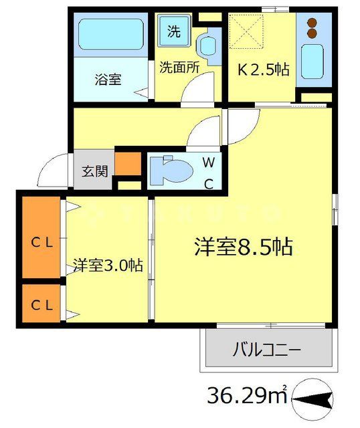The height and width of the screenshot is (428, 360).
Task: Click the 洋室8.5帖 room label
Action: coord(242,247)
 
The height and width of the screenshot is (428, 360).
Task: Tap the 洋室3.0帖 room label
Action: coord(107,265)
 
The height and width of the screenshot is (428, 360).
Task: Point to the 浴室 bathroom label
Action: coord(107,79)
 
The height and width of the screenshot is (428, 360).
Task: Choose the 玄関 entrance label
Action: coord(95,171)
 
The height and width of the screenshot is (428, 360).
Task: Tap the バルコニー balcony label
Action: coord(267,350)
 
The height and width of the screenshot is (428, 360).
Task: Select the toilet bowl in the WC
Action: coord(170,171)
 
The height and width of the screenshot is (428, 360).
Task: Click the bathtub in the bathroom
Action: coord(111,37)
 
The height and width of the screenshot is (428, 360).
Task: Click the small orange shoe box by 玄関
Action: coord(127,164)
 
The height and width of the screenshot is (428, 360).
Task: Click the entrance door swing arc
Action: coord(54,171)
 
